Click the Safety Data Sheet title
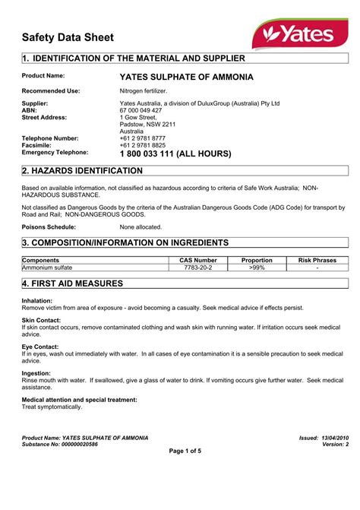(x=68, y=37)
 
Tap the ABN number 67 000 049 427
(x=141, y=110)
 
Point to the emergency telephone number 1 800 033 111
(x=175, y=154)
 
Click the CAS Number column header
(x=198, y=260)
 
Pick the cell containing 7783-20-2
(x=198, y=268)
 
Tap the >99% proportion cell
(x=257, y=268)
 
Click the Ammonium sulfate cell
(x=47, y=268)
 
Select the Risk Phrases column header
(x=317, y=260)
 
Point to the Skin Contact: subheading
(x=41, y=322)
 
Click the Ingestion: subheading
(x=36, y=373)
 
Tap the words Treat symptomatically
(x=52, y=407)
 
